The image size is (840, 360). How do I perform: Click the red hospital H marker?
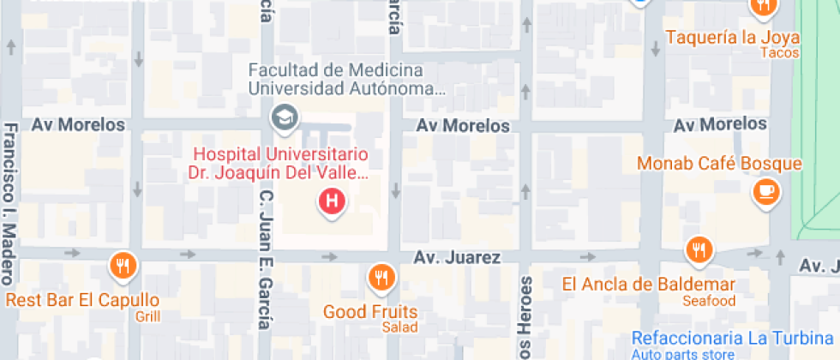332,202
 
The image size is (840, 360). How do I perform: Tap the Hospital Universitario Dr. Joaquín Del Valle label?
280,164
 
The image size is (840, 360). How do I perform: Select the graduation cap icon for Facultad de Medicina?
281,116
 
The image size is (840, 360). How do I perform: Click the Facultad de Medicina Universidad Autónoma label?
347,78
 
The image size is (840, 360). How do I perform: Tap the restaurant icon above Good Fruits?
380,277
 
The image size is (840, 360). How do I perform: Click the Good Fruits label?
370,312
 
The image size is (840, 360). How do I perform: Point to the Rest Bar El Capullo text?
82,300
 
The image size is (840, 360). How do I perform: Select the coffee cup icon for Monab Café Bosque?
765,191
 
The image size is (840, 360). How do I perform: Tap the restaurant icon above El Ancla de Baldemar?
700,249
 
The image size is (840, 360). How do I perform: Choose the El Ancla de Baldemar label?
648,284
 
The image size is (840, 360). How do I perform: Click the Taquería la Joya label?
732,38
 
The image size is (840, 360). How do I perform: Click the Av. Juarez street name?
455,257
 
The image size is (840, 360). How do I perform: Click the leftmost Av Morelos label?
78,125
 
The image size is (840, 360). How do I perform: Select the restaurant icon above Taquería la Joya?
762,7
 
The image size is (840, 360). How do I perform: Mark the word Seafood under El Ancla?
709,301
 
